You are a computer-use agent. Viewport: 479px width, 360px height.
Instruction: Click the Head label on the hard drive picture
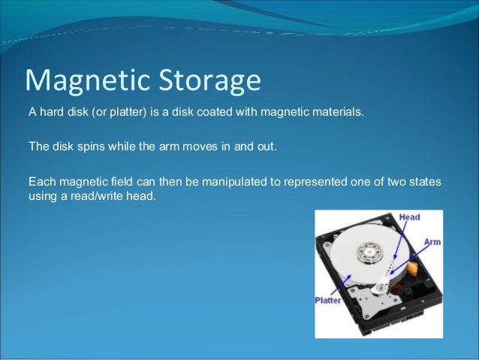[x=408, y=217]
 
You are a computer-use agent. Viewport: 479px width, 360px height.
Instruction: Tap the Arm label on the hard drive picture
[x=432, y=242]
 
